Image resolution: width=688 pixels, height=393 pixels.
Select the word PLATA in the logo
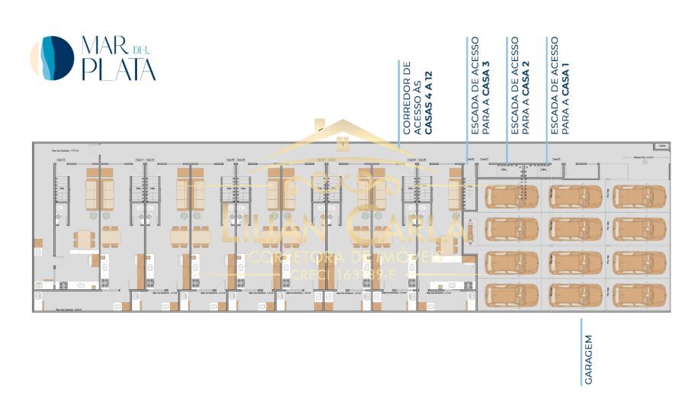point(119,70)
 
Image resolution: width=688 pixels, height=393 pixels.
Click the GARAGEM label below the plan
point(589,359)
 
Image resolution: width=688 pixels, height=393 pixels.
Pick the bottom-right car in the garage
point(639,295)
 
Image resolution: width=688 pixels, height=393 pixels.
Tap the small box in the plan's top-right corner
point(661,146)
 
